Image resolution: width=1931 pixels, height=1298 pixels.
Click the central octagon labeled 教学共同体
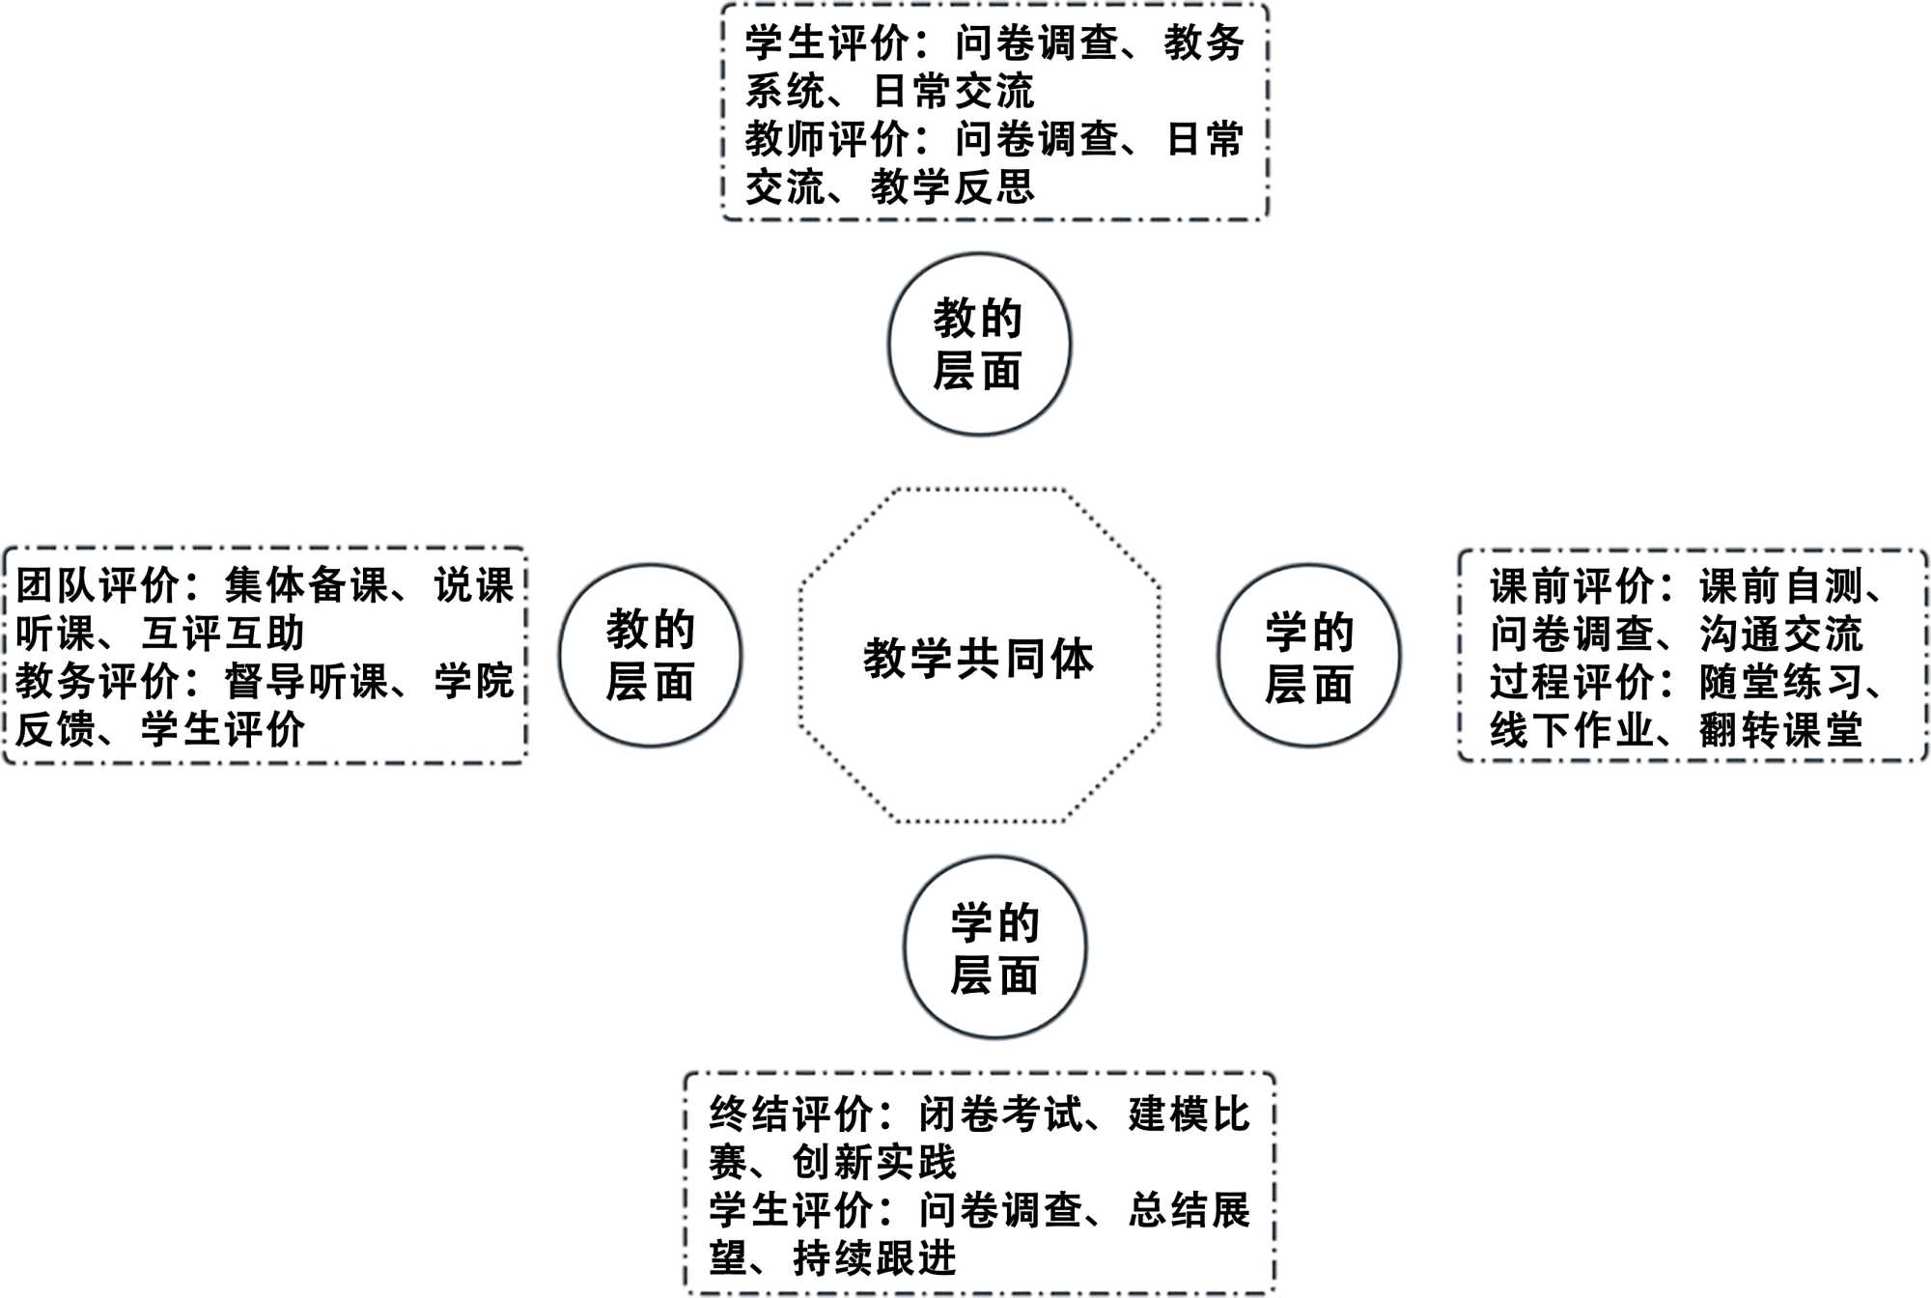pyautogui.click(x=978, y=657)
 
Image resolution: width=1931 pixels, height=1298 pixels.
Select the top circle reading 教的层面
pyautogui.click(x=978, y=345)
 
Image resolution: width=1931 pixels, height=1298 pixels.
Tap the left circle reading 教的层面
pyautogui.click(x=650, y=656)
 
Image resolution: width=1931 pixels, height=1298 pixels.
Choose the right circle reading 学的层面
pyautogui.click(x=1308, y=656)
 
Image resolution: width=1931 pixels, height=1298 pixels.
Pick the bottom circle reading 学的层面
pyautogui.click(x=994, y=947)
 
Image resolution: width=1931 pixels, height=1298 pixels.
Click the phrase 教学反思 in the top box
pyautogui.click(x=952, y=186)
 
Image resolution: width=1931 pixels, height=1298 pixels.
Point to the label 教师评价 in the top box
pyautogui.click(x=826, y=139)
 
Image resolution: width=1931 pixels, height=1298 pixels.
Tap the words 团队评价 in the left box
pyautogui.click(x=98, y=585)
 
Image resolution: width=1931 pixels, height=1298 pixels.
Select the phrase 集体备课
pyautogui.click(x=307, y=585)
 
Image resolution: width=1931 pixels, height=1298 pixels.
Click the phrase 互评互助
pyautogui.click(x=223, y=634)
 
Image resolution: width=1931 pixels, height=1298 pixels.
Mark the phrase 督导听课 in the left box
pyautogui.click(x=307, y=681)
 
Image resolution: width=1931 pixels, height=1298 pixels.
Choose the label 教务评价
pyautogui.click(x=98, y=681)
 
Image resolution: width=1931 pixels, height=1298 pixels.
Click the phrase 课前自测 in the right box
pyautogui.click(x=1780, y=586)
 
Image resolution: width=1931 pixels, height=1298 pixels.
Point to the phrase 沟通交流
pyautogui.click(x=1780, y=634)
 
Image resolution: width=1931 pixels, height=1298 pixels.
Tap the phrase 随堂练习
pyautogui.click(x=1780, y=682)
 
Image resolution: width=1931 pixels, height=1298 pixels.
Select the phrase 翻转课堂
pyautogui.click(x=1780, y=729)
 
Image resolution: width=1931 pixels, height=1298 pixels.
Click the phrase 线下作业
pyautogui.click(x=1571, y=729)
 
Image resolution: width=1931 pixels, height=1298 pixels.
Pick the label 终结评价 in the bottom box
pyautogui.click(x=792, y=1115)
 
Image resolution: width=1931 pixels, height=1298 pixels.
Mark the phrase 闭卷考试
pyautogui.click(x=1001, y=1115)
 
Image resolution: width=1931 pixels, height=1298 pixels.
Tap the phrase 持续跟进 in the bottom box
pyautogui.click(x=875, y=1257)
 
